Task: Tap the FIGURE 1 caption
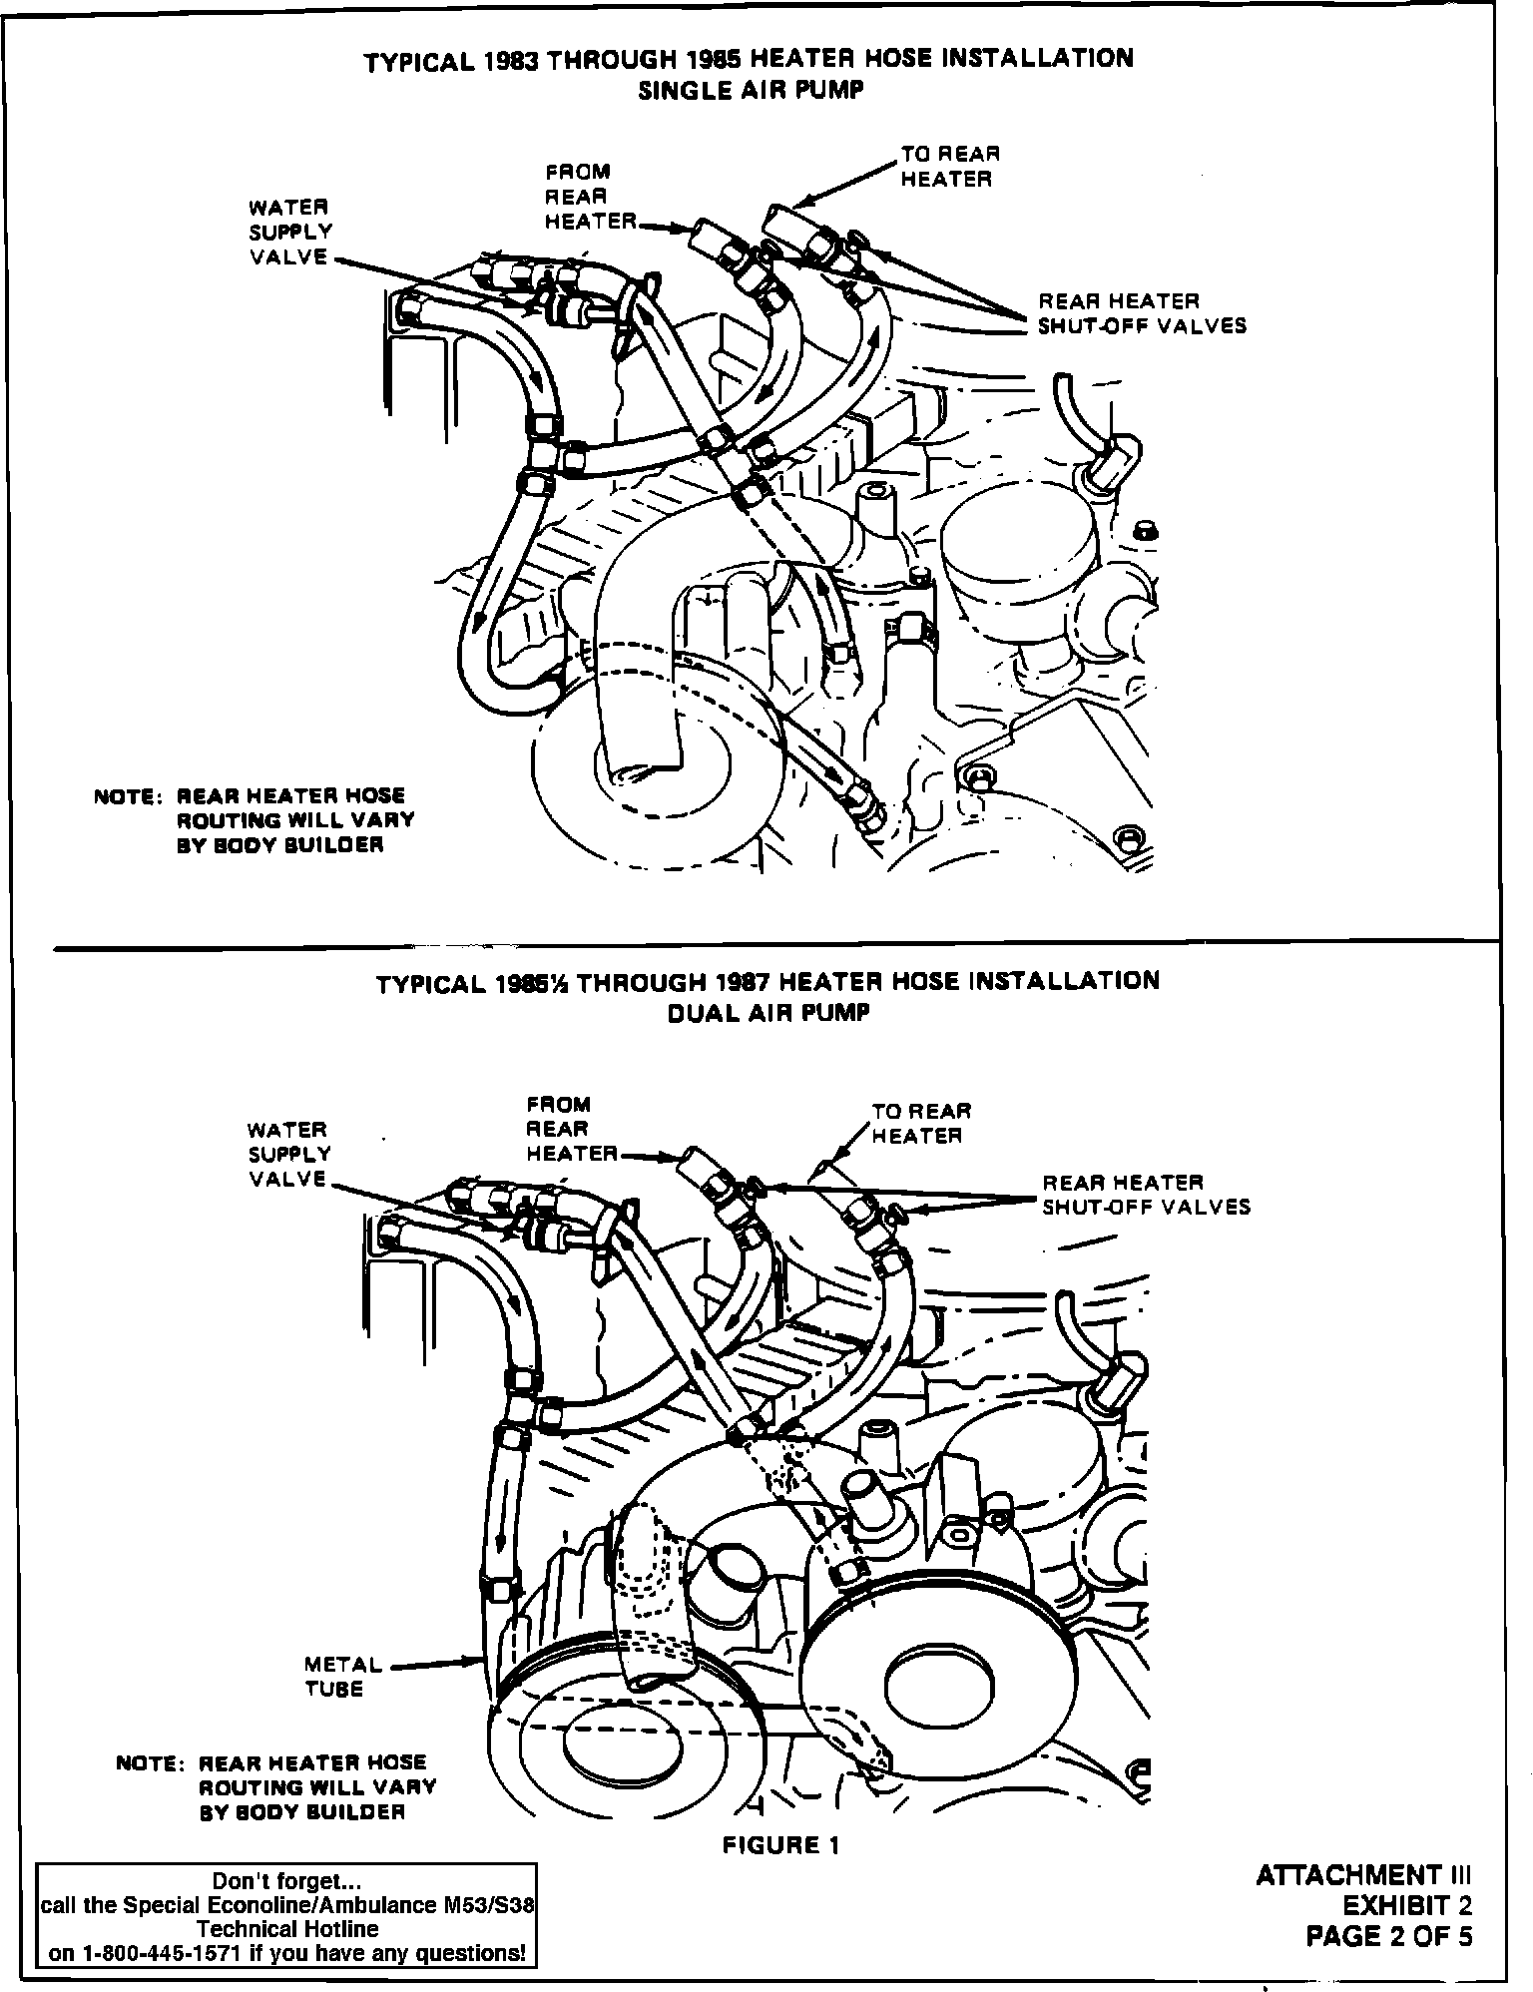781,1845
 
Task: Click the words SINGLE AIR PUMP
750,89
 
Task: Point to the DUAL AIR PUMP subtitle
767,1012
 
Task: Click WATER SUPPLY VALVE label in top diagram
290,232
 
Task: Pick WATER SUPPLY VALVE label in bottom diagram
289,1155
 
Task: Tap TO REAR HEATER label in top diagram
948,167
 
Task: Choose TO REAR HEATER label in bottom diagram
920,1123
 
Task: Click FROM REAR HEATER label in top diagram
590,197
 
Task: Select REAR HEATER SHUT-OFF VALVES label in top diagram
1142,313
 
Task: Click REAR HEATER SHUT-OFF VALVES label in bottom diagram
1146,1195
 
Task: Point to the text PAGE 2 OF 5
1389,1937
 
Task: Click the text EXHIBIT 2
1407,1906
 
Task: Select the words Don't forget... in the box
285,1882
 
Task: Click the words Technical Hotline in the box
286,1929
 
